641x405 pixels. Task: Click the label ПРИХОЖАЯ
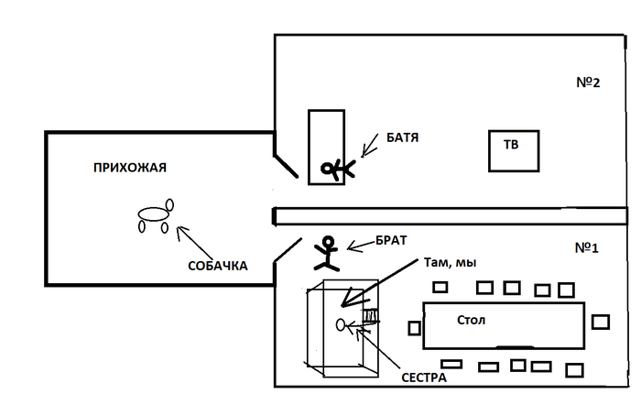point(129,167)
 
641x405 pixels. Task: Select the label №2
point(587,82)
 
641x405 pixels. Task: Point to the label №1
point(587,247)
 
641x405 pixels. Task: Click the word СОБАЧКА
point(217,266)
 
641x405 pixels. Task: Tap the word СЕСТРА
point(422,376)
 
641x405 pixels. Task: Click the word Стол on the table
point(473,320)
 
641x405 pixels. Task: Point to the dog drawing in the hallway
point(154,216)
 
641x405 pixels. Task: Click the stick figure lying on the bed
point(336,168)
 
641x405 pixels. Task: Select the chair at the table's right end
point(600,322)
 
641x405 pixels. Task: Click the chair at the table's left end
point(414,327)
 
